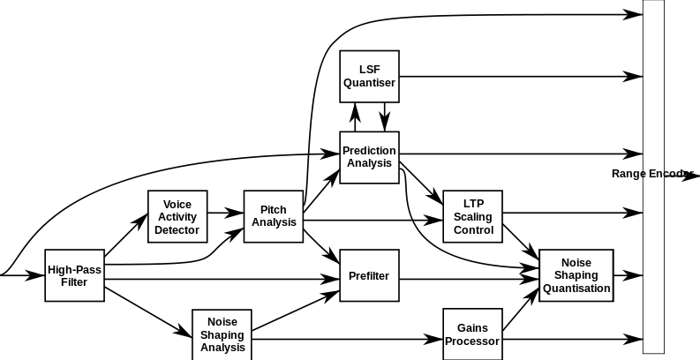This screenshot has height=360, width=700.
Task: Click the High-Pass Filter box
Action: (74, 275)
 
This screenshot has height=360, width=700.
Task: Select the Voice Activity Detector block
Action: (177, 217)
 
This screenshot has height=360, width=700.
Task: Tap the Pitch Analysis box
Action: (274, 216)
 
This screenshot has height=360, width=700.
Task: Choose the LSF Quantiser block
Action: (369, 77)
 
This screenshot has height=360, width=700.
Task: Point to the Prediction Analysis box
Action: (369, 157)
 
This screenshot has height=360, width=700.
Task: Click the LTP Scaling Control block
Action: (473, 217)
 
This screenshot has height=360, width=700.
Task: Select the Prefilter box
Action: (369, 276)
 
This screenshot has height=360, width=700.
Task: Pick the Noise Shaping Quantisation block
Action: (576, 275)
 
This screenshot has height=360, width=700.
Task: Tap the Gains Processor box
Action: (472, 334)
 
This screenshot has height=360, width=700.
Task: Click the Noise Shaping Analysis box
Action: (222, 334)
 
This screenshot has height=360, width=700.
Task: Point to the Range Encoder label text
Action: (651, 174)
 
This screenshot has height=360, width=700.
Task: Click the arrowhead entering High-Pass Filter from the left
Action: (36, 275)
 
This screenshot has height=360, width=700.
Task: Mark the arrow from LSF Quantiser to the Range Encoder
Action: (521, 77)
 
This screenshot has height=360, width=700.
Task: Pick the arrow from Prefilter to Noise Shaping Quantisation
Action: (468, 279)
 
